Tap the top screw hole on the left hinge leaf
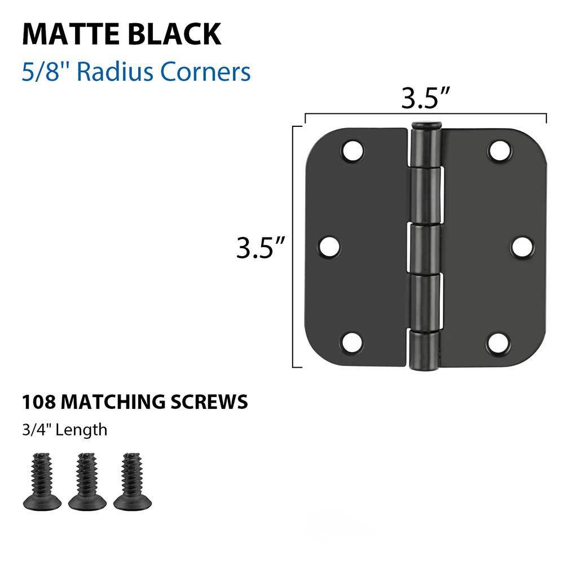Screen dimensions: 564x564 point(353,151)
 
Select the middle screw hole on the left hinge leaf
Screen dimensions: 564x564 point(329,246)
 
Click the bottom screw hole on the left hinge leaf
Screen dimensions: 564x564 point(353,342)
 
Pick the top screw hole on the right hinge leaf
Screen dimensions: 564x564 point(499,151)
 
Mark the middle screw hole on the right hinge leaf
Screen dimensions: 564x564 point(523,246)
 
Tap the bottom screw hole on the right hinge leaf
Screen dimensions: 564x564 point(499,342)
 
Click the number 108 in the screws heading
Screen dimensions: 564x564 point(38,402)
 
